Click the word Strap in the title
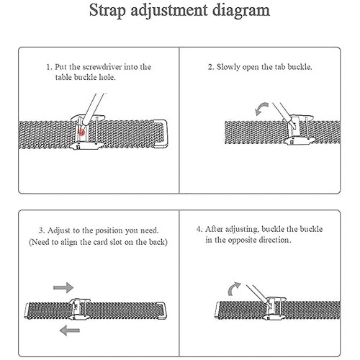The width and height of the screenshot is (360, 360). [107, 11]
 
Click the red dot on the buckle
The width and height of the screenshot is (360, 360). [81, 132]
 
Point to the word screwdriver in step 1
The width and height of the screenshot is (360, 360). [102, 67]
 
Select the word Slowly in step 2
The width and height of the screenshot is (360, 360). [228, 67]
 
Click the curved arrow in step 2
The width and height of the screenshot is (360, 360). [261, 108]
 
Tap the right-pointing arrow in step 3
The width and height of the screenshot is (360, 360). [63, 287]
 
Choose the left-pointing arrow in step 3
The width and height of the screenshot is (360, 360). [70, 330]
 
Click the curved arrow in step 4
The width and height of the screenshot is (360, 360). [233, 289]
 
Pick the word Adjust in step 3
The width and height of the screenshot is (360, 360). [59, 231]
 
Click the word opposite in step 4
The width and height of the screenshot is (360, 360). [242, 240]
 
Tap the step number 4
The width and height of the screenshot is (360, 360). [199, 229]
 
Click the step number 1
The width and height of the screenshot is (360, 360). [49, 67]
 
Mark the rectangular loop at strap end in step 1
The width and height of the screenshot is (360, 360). [161, 133]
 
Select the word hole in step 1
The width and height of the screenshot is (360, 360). [107, 77]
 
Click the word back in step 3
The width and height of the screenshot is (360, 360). [158, 242]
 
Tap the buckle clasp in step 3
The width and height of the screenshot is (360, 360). [80, 310]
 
